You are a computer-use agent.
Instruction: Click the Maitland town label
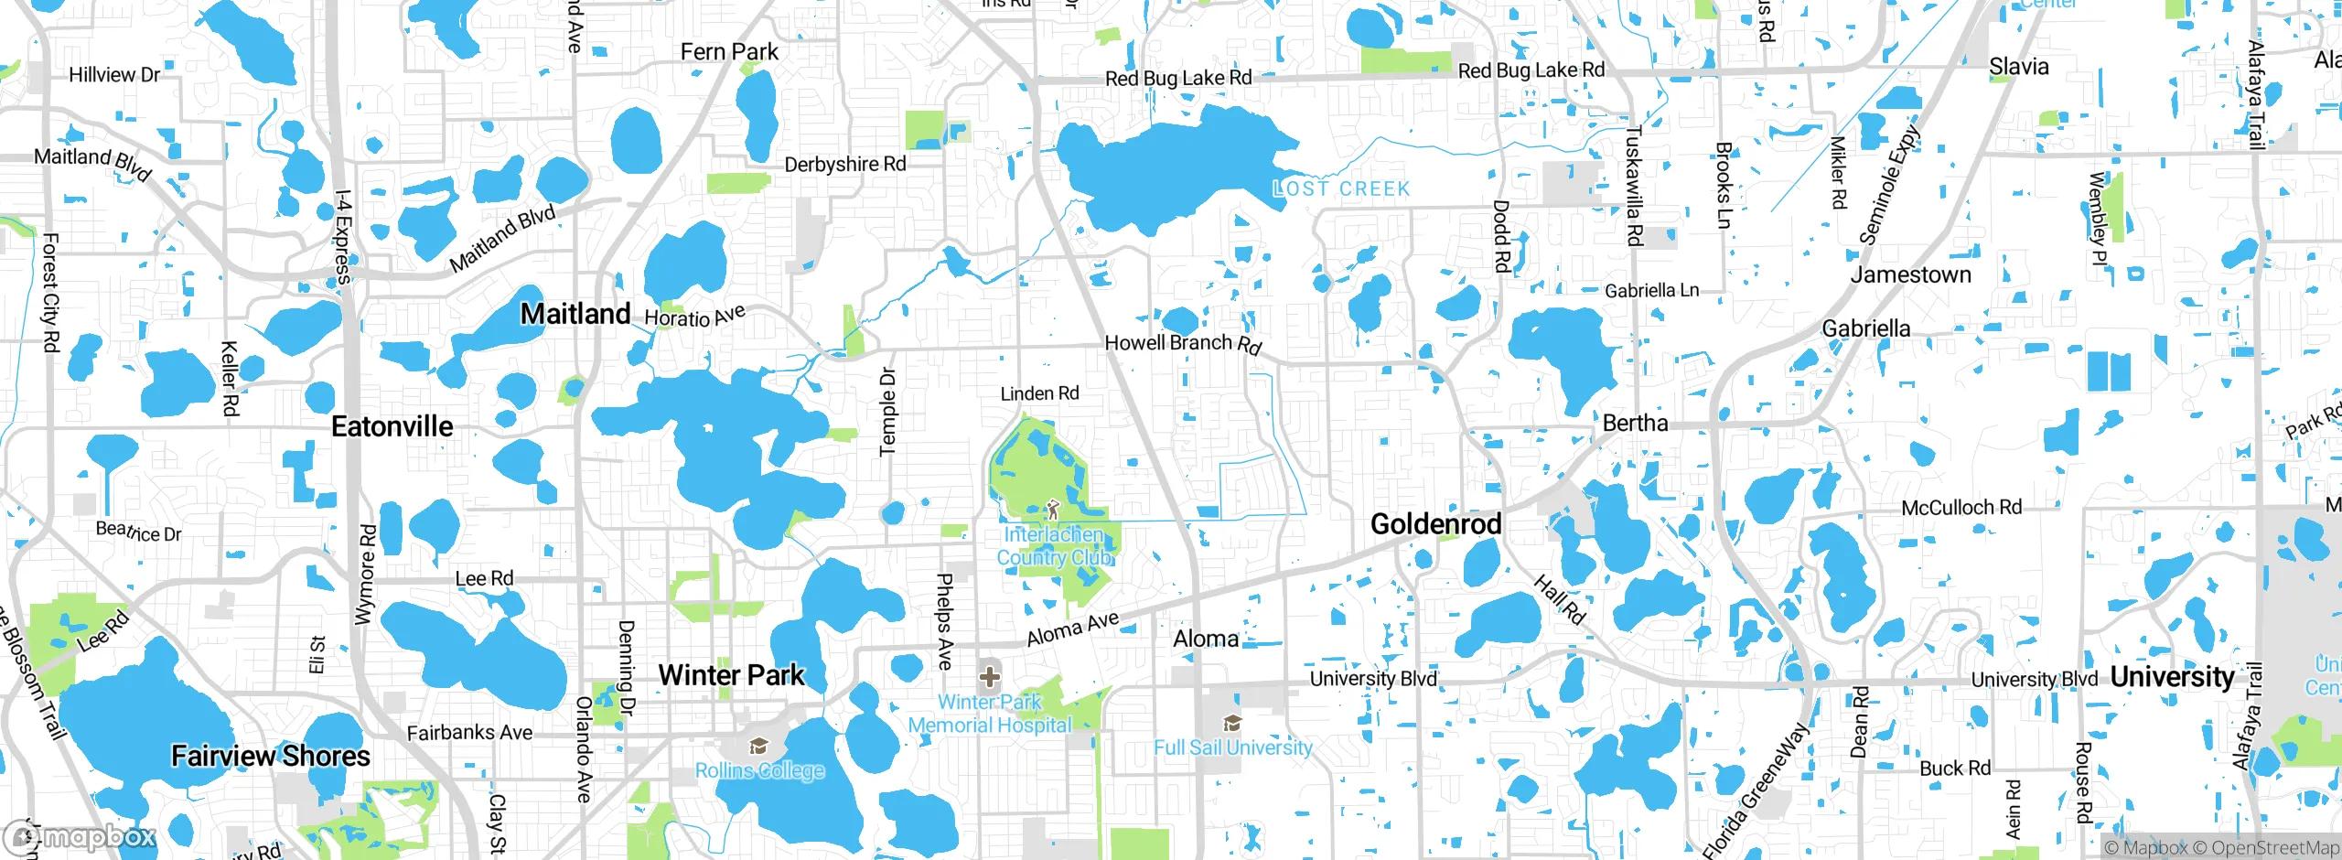(x=575, y=314)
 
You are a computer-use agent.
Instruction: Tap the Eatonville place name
(x=392, y=426)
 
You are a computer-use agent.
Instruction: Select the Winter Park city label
(x=731, y=675)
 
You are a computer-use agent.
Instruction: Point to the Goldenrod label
(x=1435, y=524)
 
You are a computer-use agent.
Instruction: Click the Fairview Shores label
(x=271, y=756)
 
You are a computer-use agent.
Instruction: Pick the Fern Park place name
(x=729, y=52)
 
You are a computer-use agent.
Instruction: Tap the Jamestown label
(x=1910, y=274)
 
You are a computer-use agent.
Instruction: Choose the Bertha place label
(x=1635, y=423)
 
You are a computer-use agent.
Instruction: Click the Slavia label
(x=2018, y=67)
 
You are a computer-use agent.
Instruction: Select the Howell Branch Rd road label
(x=1183, y=343)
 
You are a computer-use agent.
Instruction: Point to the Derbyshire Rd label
(x=845, y=165)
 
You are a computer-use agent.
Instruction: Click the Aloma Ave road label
(x=1072, y=629)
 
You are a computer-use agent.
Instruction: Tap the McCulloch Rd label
(x=1961, y=508)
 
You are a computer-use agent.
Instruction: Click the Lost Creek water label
(x=1341, y=189)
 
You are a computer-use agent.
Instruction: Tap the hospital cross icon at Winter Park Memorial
(x=989, y=677)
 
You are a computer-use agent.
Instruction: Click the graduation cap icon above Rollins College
(x=758, y=747)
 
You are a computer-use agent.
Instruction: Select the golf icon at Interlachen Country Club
(x=1052, y=509)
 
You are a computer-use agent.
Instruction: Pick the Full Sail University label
(x=1232, y=747)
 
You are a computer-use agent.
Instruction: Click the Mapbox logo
(x=81, y=836)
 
